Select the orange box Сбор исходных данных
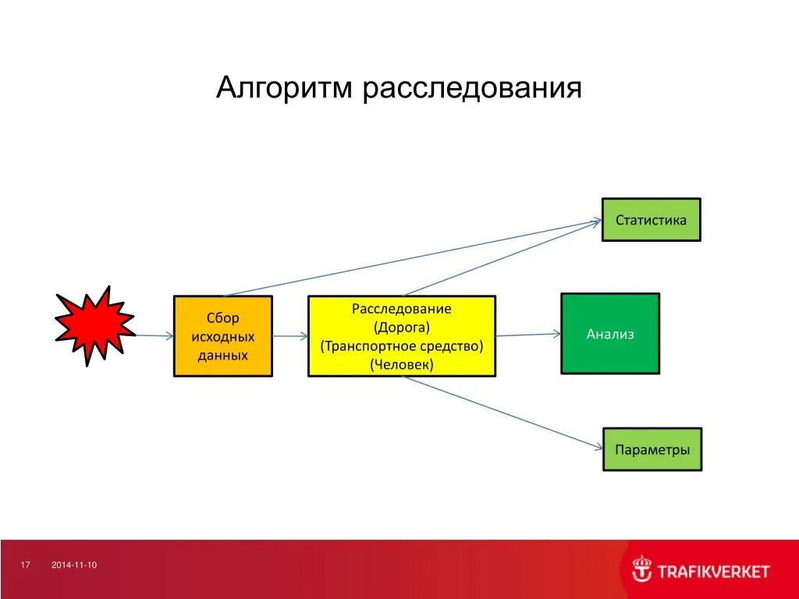[222, 336]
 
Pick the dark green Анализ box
[610, 334]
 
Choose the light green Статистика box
[651, 220]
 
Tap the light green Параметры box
[652, 449]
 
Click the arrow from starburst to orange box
[153, 335]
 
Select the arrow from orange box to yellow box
[290, 336]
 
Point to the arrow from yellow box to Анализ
[528, 335]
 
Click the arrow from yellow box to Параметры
[503, 413]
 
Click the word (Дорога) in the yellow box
[402, 327]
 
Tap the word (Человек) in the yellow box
[402, 363]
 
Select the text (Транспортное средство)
[402, 346]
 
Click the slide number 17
[25, 565]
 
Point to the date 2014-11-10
[74, 565]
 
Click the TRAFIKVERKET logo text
[713, 572]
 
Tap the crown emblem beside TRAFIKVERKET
[641, 569]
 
